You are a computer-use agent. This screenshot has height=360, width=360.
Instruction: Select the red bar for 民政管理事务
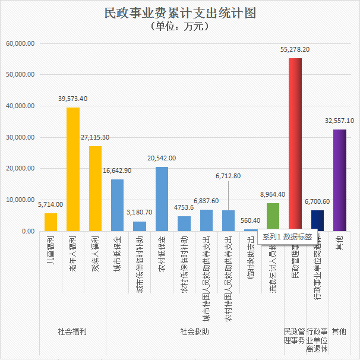tap(295, 143)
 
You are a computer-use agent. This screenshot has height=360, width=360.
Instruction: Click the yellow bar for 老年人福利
tap(73, 169)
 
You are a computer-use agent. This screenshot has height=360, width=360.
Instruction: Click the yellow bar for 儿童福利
tap(50, 222)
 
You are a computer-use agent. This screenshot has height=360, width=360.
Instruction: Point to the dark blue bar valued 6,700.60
tap(317, 220)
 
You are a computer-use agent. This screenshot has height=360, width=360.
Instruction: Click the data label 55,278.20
tap(295, 50)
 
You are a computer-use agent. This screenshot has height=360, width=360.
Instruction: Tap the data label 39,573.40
tap(73, 99)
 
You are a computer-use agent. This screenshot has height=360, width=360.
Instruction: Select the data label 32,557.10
tap(339, 121)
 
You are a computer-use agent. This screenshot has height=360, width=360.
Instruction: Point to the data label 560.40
tap(251, 220)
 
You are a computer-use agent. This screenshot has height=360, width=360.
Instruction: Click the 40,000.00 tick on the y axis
tap(21, 106)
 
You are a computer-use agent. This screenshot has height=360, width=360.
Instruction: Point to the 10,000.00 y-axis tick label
tap(21, 200)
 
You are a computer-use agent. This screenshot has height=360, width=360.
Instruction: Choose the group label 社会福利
tap(72, 331)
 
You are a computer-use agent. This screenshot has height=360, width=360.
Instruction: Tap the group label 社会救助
tap(194, 331)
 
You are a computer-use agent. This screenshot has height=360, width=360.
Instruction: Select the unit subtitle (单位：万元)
tap(179, 27)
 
